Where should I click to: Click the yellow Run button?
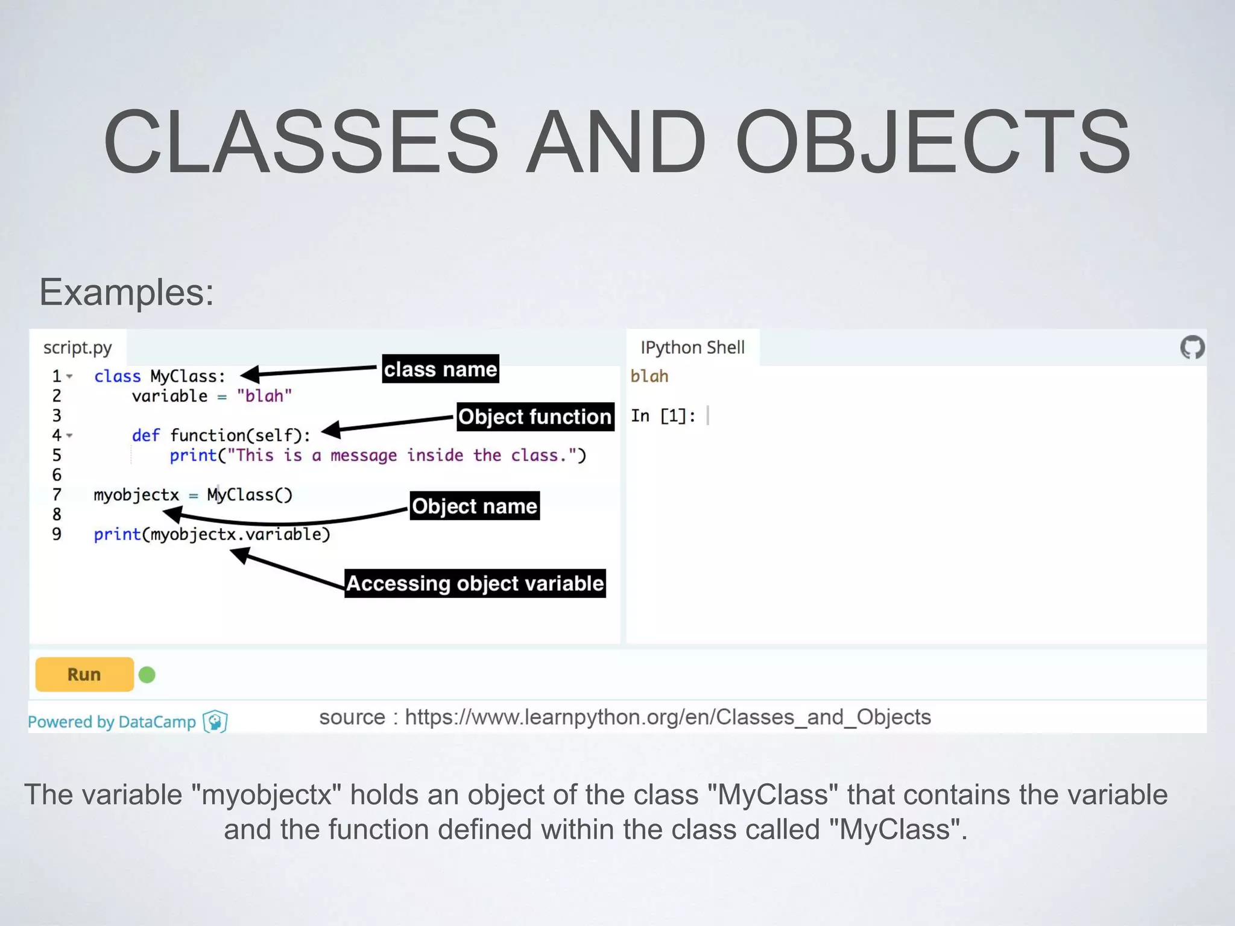[x=84, y=674]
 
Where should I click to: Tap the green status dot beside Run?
[x=147, y=675]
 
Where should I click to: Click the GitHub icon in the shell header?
[x=1192, y=347]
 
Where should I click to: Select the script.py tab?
[x=78, y=348]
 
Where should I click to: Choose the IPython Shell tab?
[x=692, y=348]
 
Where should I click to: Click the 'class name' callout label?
[x=441, y=369]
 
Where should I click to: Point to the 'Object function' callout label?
[x=535, y=417]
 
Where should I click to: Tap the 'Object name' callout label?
[x=475, y=506]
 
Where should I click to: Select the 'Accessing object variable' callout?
[x=475, y=583]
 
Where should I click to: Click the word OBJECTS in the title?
[x=932, y=142]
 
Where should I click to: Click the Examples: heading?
[x=127, y=292]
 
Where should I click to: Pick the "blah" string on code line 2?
[x=264, y=396]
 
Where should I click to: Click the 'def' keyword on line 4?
[x=146, y=435]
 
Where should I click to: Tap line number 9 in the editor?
[x=57, y=534]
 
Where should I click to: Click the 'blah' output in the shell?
[x=649, y=376]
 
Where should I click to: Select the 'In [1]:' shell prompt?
[x=663, y=416]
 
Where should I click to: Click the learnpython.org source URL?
[x=668, y=717]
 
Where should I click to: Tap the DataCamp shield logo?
[x=215, y=721]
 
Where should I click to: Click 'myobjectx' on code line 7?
[x=136, y=495]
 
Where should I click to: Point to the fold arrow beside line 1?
[x=70, y=377]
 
